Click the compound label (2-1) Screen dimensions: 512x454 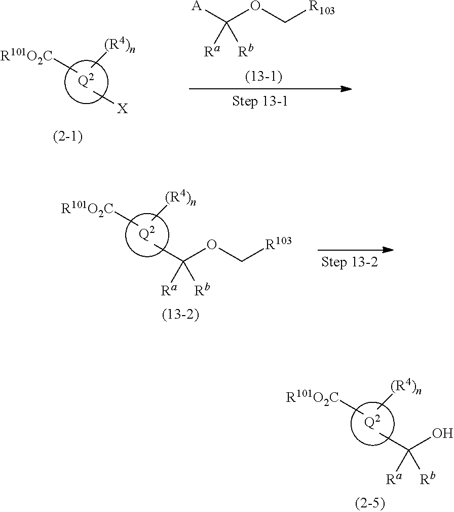(68, 136)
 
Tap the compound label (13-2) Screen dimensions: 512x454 (180, 315)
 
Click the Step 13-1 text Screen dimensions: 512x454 (259, 100)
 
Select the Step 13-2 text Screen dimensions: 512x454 (350, 263)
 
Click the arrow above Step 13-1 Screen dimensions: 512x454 (271, 89)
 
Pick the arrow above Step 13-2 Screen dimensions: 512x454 (356, 250)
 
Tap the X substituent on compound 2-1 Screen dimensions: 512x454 (122, 109)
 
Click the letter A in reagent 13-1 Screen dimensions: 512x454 (207, 6)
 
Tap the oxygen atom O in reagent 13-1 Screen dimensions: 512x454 (256, 7)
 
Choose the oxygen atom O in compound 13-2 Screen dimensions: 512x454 (212, 246)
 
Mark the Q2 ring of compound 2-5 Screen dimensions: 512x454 (372, 421)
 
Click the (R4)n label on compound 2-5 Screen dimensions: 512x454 (407, 390)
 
